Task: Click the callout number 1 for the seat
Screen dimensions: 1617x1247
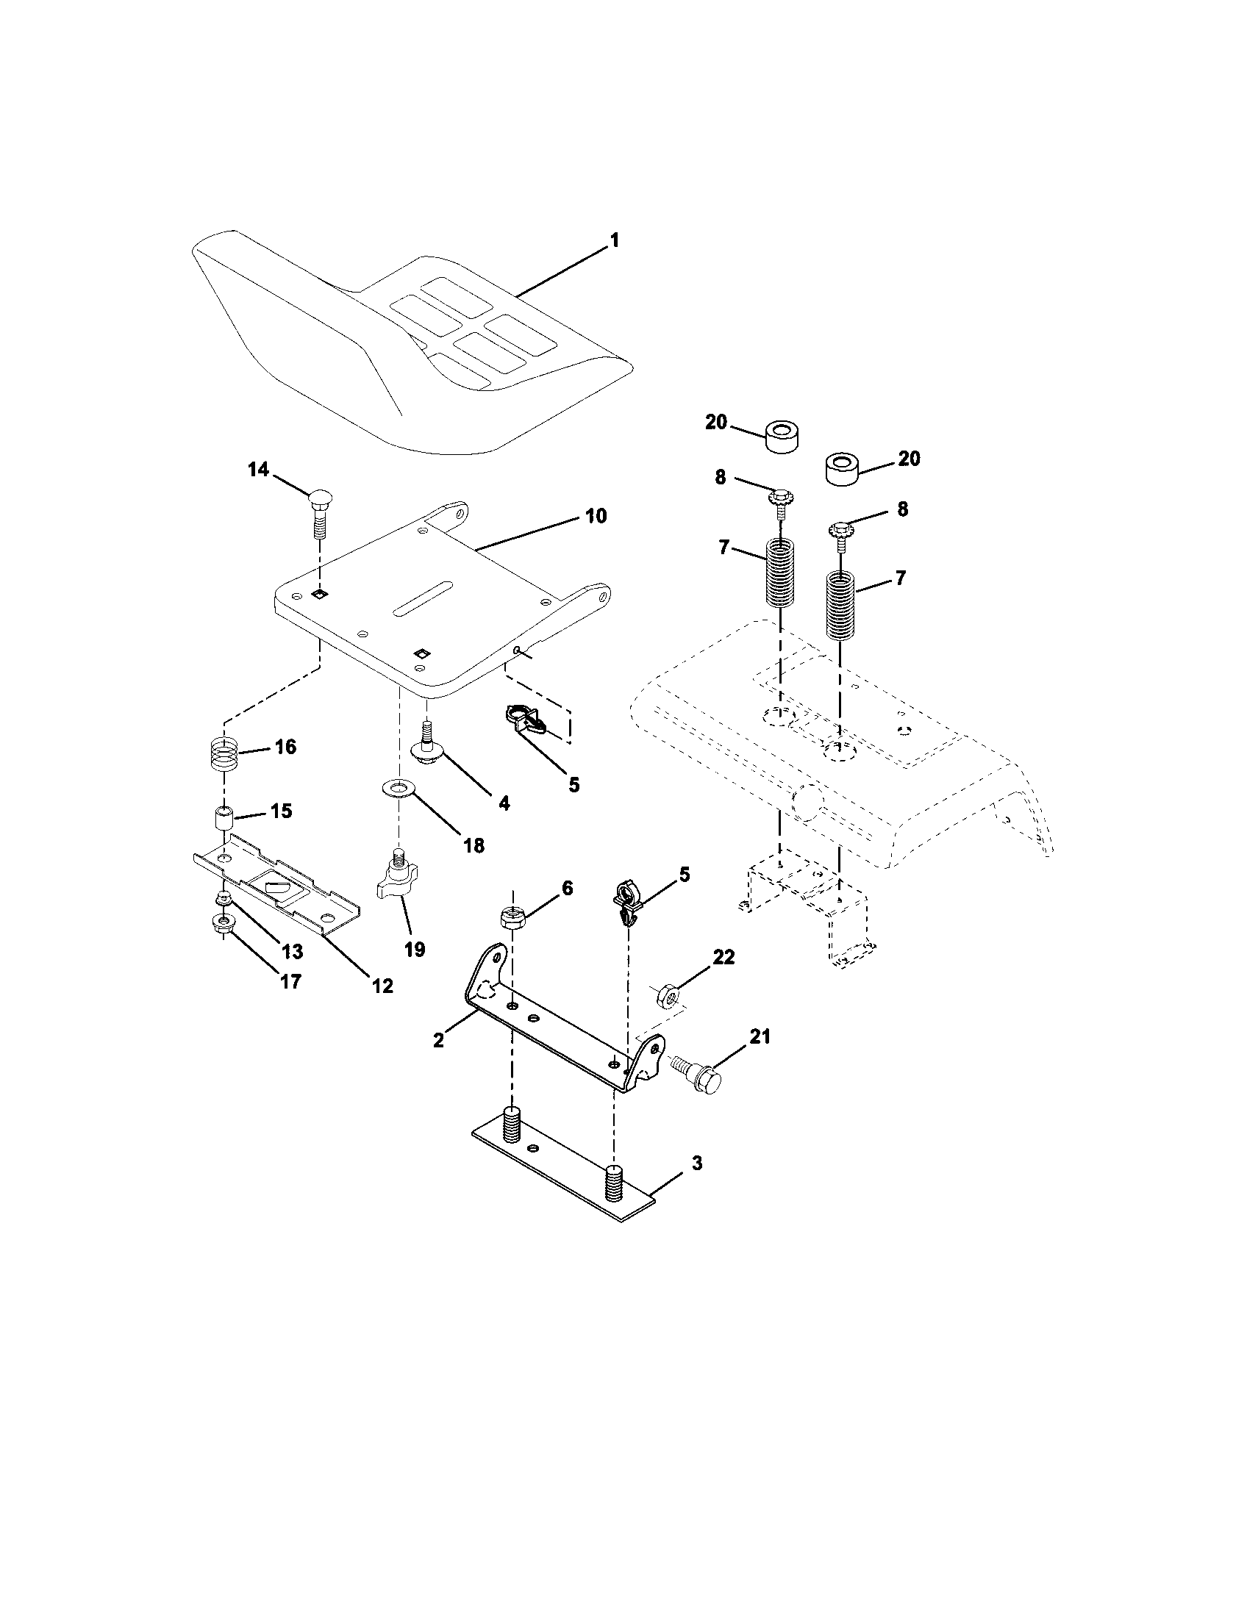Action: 614,241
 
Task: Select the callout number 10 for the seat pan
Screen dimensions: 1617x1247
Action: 596,516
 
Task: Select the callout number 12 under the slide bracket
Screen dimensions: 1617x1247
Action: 382,986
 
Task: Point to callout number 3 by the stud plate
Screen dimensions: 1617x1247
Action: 696,1164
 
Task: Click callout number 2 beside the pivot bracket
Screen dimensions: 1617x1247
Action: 438,1040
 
